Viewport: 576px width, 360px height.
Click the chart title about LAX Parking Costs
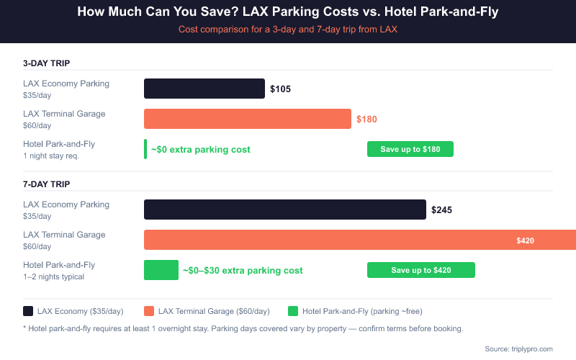click(288, 12)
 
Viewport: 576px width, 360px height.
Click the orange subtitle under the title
click(288, 30)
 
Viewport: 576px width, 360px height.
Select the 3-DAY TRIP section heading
click(46, 63)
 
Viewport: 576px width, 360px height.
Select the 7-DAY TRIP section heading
click(46, 184)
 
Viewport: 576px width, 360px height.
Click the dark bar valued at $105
click(204, 89)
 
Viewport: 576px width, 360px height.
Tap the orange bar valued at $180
click(247, 119)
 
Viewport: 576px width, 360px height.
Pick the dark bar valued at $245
click(284, 210)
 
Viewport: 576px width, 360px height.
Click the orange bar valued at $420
click(360, 240)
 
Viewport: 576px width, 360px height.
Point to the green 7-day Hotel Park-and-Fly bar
click(161, 270)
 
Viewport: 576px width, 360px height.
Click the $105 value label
click(280, 89)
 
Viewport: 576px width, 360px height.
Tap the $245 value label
click(441, 210)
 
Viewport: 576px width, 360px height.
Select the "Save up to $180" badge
click(410, 149)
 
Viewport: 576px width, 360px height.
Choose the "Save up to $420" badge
click(420, 270)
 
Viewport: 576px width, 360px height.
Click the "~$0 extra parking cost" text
click(200, 150)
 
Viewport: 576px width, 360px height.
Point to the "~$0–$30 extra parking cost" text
click(242, 271)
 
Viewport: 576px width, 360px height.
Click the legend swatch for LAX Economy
click(28, 311)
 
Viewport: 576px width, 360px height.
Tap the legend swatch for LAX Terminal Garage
click(149, 311)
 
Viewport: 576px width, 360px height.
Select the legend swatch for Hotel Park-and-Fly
click(293, 311)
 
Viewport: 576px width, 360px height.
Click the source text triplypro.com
click(518, 348)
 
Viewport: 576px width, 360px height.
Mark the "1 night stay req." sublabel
click(51, 156)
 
